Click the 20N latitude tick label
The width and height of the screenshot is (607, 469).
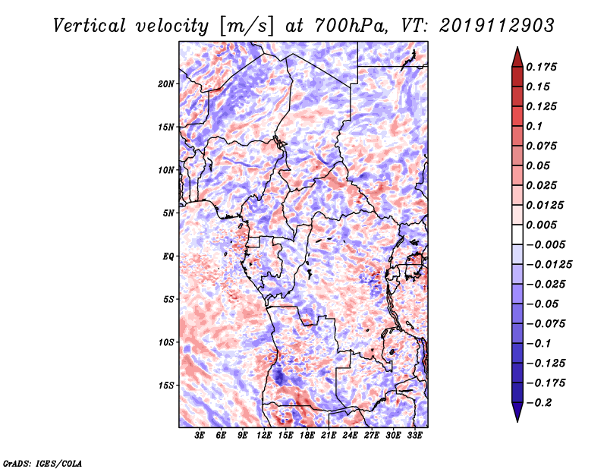(x=166, y=83)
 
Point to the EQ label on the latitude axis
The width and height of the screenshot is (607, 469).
(x=169, y=256)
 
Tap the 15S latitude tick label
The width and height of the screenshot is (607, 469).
(x=166, y=385)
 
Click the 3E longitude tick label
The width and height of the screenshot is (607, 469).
(x=200, y=436)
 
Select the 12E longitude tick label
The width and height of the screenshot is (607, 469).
(x=264, y=436)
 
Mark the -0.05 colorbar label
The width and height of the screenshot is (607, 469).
(x=543, y=304)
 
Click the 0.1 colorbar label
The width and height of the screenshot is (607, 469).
(x=535, y=126)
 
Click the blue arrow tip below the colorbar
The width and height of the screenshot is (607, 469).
(x=516, y=417)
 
